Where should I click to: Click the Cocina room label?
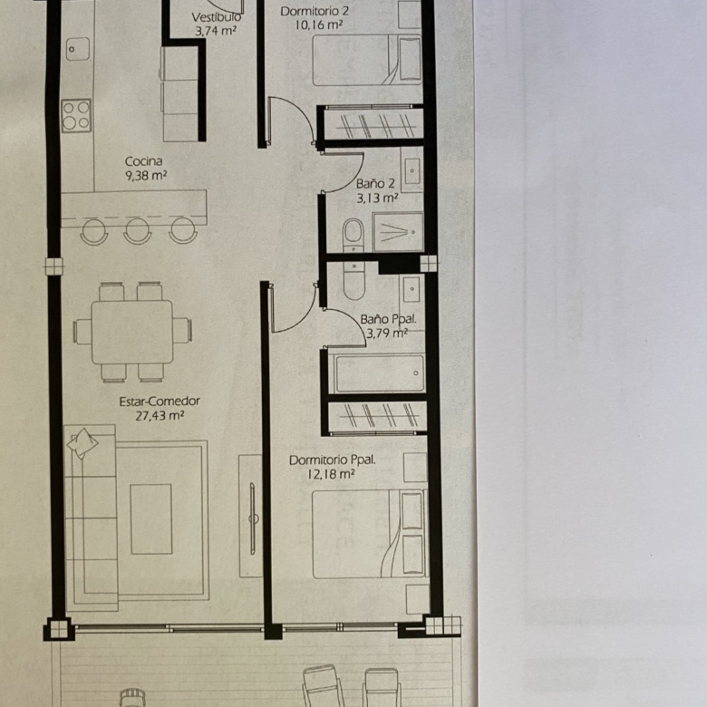coord(143,161)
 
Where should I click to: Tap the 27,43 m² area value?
coord(160,416)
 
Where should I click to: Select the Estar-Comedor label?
coord(160,402)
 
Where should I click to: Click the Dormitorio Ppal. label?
coord(333,460)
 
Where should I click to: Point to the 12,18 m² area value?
coord(331,474)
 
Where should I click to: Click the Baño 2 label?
coord(375,183)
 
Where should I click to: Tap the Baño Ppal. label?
coord(388,319)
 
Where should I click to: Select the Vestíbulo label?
coord(216,17)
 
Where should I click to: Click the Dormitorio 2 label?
coord(315,11)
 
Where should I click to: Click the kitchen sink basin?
coord(78,49)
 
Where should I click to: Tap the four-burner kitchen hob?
coord(76,115)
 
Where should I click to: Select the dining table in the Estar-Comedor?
coord(132,333)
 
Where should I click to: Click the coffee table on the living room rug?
coord(151,519)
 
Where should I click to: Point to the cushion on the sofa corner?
coord(82,443)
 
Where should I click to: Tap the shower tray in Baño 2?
coord(398,232)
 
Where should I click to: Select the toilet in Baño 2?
coord(353,236)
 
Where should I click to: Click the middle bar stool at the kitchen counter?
coord(138,230)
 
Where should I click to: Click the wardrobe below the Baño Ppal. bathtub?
coord(377,416)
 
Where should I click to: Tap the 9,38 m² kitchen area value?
coord(146,176)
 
